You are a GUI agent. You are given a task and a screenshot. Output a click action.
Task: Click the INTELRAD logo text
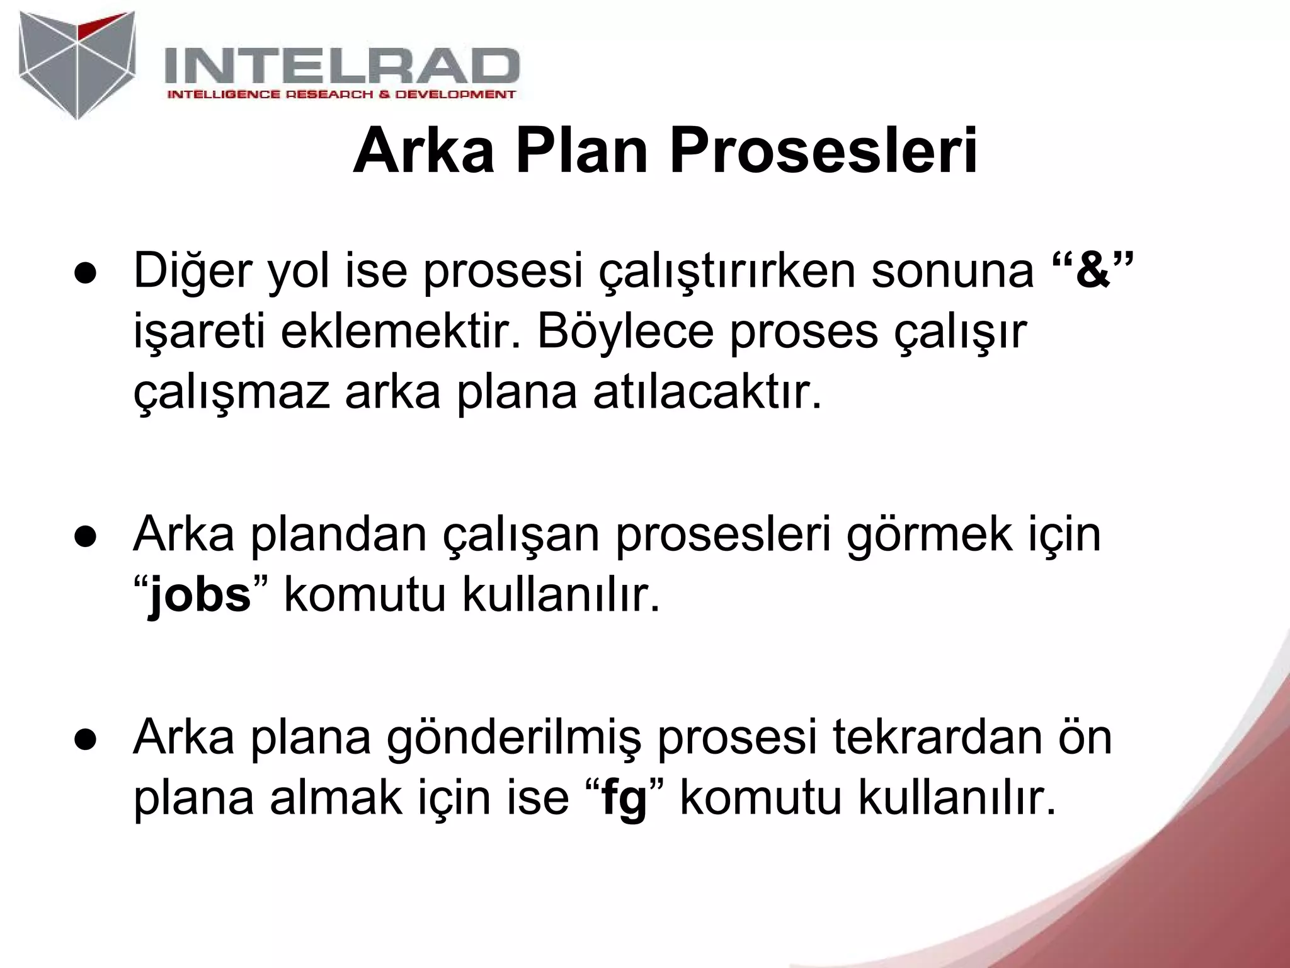[x=341, y=67]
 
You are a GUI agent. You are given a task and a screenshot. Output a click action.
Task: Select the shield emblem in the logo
[x=77, y=63]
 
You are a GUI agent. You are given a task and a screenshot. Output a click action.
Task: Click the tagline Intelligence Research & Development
[x=341, y=95]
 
